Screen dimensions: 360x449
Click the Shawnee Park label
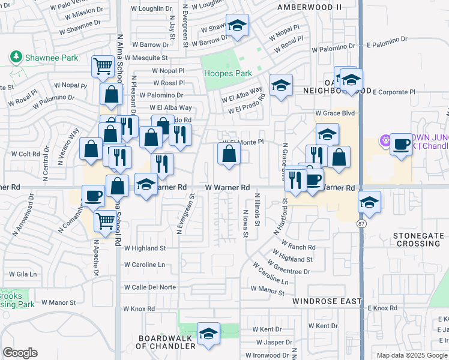click(x=44, y=58)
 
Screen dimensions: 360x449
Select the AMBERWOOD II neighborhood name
click(x=309, y=7)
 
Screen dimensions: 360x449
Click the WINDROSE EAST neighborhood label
click(x=327, y=301)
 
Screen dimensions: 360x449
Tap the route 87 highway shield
click(x=361, y=224)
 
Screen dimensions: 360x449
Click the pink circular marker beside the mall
click(x=384, y=142)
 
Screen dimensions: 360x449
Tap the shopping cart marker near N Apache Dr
click(x=105, y=221)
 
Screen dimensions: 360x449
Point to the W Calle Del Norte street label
click(x=150, y=287)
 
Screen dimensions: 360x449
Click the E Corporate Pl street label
click(x=394, y=92)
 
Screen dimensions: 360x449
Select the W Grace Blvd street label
click(x=332, y=113)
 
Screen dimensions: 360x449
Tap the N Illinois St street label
click(x=257, y=209)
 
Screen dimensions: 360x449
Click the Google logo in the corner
click(x=20, y=353)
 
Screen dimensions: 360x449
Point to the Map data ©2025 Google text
click(x=411, y=355)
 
